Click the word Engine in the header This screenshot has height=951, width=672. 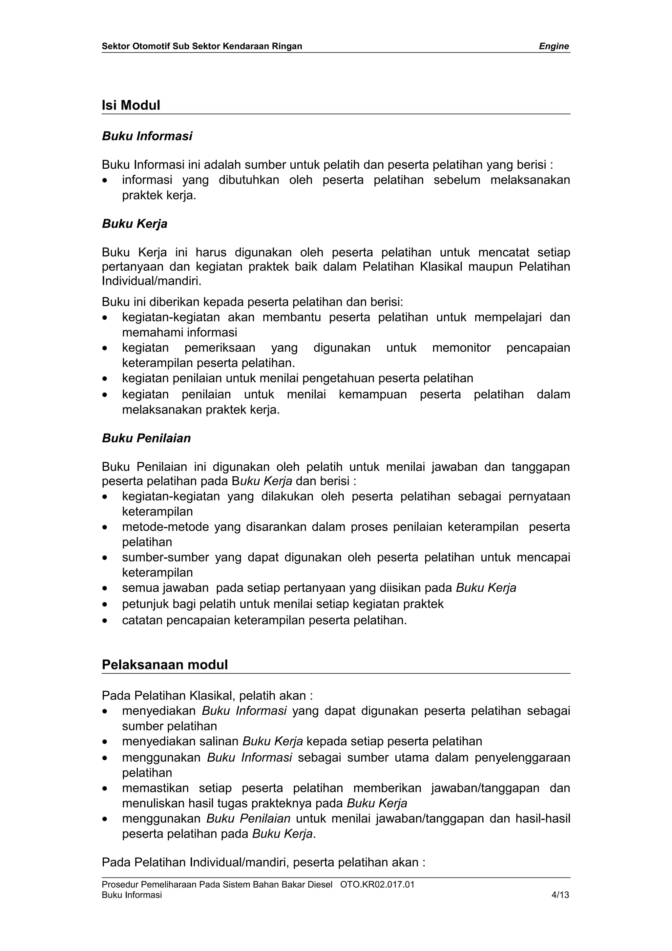point(554,46)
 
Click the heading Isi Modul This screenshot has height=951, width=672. point(131,105)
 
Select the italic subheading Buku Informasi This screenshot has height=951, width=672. point(147,136)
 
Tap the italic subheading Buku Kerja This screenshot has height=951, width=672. point(135,224)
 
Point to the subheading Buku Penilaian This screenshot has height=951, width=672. point(146,438)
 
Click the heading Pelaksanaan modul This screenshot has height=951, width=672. point(165,665)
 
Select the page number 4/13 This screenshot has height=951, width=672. point(560,895)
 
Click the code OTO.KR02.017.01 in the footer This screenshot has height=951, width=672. point(377,885)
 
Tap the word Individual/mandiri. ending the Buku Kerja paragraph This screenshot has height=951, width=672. point(152,281)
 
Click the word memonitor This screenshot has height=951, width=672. point(461,348)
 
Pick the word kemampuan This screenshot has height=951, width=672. point(373,394)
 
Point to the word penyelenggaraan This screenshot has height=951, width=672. point(522,758)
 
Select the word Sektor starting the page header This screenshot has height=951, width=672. point(115,46)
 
